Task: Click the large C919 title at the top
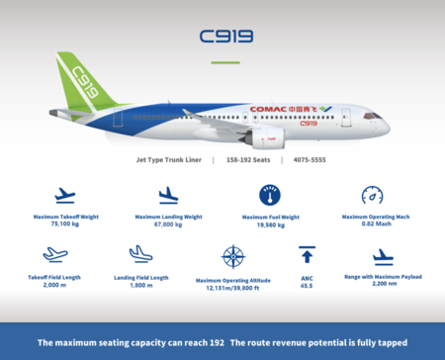225,38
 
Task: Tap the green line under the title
225,61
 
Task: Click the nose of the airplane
385,128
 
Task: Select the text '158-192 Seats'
247,159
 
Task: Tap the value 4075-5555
311,159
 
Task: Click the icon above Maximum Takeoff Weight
66,195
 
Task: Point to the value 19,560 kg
270,225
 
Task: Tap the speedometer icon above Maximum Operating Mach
372,195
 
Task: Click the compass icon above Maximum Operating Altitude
233,257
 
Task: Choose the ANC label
307,278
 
